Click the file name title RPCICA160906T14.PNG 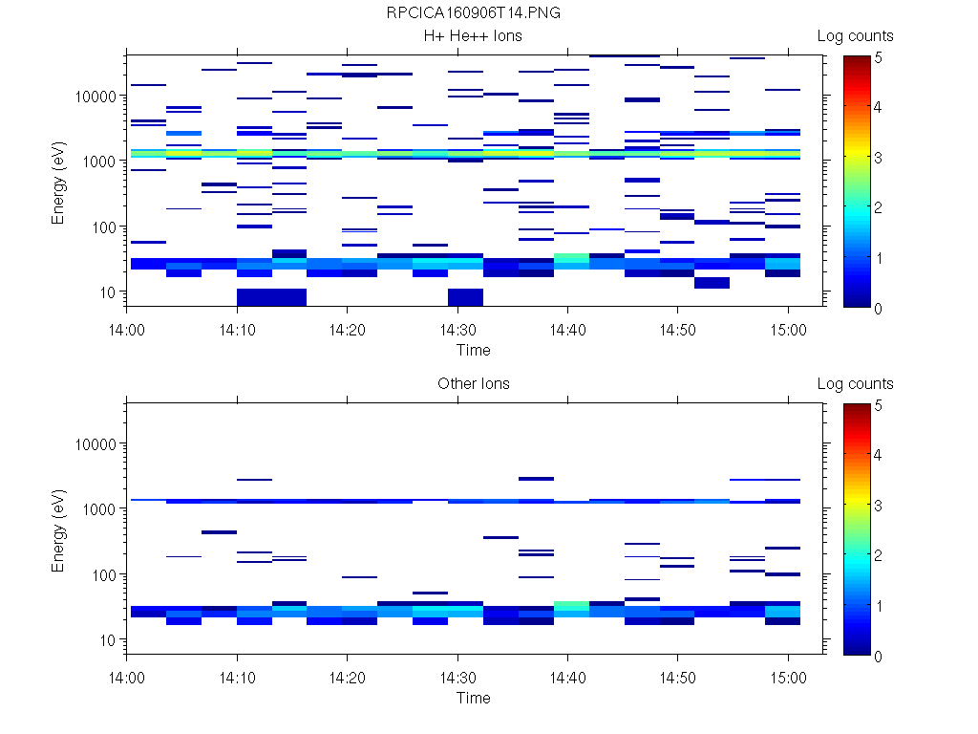474,13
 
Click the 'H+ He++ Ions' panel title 474,36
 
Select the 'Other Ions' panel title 474,384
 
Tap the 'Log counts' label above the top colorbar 855,36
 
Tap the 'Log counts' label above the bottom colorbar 855,384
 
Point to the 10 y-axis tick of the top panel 107,291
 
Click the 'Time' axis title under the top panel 474,350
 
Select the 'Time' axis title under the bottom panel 474,698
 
